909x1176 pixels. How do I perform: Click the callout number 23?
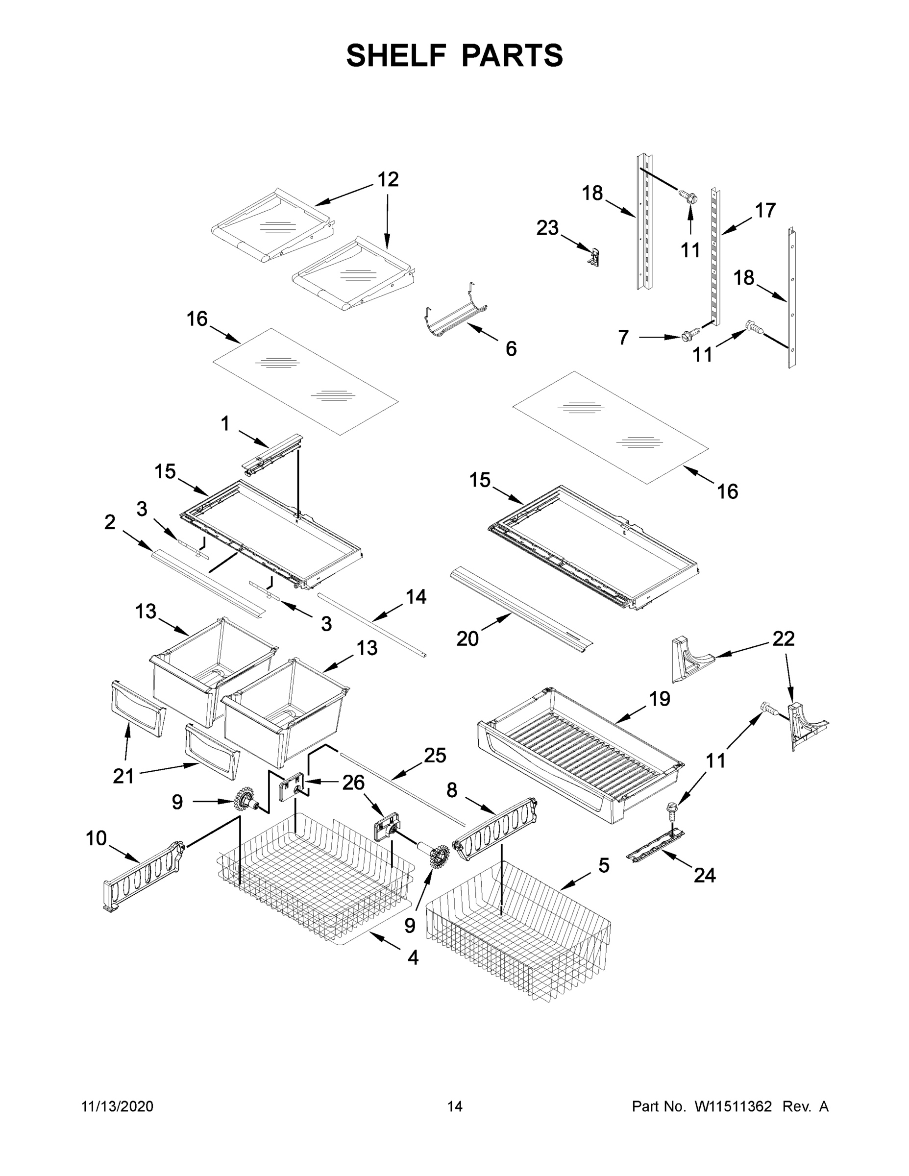point(547,228)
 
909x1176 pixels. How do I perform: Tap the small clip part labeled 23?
point(594,257)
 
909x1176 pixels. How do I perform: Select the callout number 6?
point(511,349)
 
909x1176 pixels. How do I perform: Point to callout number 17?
point(764,210)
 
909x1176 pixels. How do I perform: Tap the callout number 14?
point(416,597)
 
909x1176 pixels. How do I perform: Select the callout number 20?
point(467,639)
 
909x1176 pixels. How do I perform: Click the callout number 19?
point(659,699)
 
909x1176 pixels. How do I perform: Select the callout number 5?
point(604,866)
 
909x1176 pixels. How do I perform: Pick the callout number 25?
point(435,756)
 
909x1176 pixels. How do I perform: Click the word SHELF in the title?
point(396,55)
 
